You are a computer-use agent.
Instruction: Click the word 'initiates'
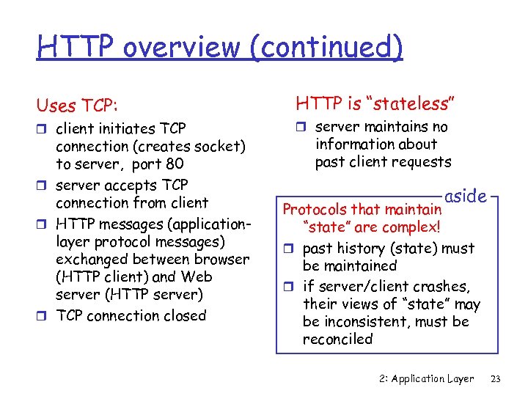[126, 128]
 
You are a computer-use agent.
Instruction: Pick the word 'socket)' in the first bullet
[220, 146]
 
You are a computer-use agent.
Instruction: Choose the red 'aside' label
[466, 197]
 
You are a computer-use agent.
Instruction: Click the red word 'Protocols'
[315, 210]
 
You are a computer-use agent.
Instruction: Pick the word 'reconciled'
[338, 340]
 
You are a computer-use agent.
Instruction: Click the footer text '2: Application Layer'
[427, 378]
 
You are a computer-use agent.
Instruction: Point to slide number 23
[496, 378]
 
